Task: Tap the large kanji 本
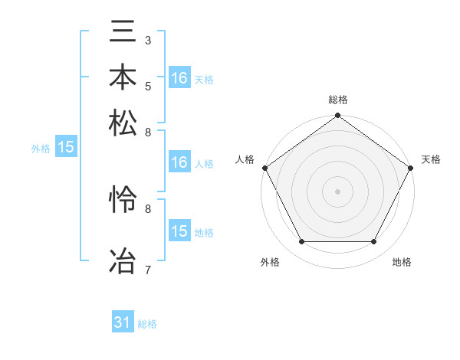[123, 77]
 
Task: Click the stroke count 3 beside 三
[148, 39]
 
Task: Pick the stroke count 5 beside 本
[148, 86]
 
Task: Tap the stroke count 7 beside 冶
[148, 269]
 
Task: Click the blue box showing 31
[123, 322]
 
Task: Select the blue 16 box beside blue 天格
[179, 77]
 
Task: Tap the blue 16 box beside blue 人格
[179, 162]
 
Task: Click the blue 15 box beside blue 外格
[66, 148]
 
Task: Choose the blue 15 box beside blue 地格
[179, 231]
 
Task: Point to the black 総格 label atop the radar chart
[337, 100]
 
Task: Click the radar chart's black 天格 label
[432, 159]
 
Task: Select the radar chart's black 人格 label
[245, 159]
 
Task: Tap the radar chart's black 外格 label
[270, 262]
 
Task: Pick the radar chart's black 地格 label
[402, 262]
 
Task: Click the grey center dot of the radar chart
[337, 191]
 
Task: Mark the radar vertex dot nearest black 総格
[337, 116]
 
